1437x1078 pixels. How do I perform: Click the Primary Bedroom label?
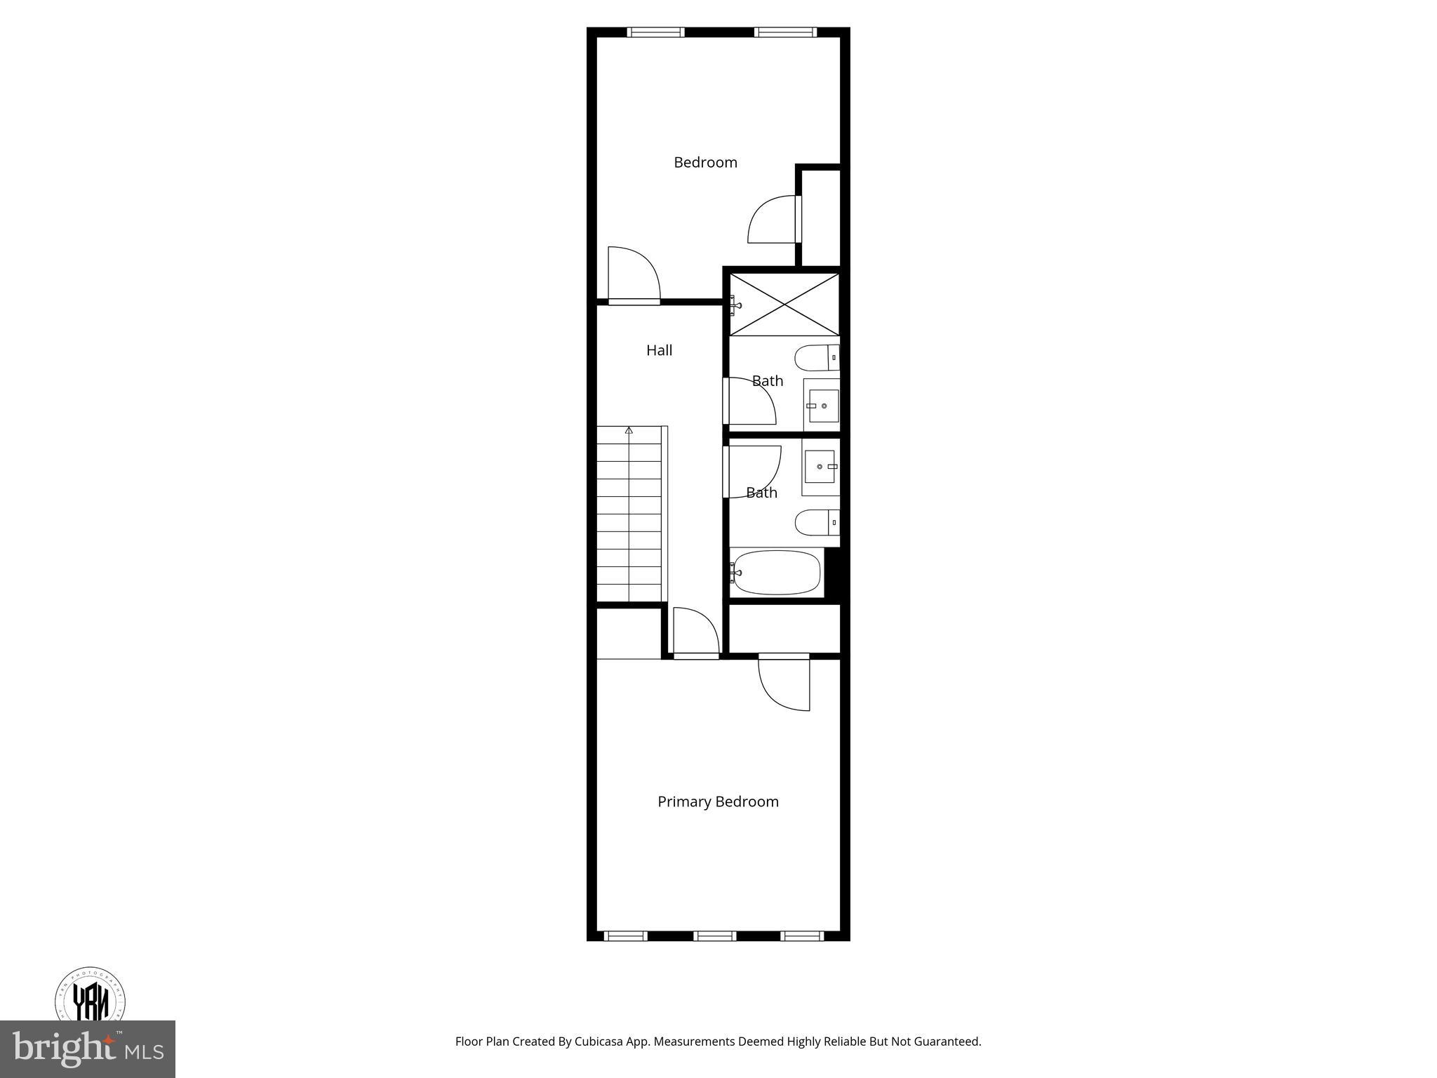(718, 801)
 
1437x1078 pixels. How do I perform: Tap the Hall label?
(659, 350)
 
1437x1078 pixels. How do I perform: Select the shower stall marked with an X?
(784, 305)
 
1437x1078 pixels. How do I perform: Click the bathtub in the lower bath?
(776, 573)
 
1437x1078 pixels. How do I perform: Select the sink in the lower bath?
(820, 467)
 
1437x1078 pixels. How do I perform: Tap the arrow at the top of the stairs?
(629, 430)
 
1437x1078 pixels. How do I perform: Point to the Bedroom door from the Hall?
(633, 275)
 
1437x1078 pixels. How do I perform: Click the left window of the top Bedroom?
(655, 32)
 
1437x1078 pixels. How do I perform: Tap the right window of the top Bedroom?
(785, 32)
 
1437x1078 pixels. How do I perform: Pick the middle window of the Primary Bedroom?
(714, 936)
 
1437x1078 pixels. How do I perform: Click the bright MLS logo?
(88, 1050)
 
